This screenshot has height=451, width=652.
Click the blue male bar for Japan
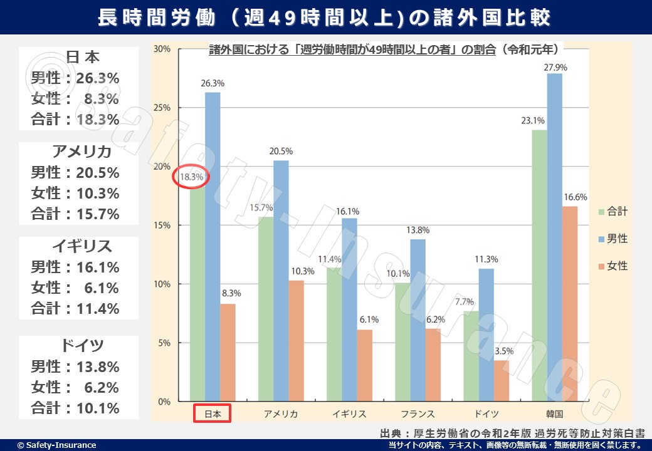point(213,247)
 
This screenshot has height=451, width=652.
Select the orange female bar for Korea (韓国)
point(570,304)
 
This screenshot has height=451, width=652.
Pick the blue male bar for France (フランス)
point(418,320)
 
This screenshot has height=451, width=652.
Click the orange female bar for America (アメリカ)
point(296,341)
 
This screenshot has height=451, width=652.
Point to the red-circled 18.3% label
point(191,177)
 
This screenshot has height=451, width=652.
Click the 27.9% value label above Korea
point(555,67)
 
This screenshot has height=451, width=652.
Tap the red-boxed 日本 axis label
point(212,413)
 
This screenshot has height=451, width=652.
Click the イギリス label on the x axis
point(349,413)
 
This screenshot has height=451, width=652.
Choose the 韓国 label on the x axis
point(554,413)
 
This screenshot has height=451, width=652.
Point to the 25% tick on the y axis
point(162,108)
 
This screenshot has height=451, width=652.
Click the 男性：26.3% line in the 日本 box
point(75,78)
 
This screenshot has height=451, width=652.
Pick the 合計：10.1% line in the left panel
point(75,408)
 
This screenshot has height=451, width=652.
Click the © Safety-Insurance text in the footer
point(56,445)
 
